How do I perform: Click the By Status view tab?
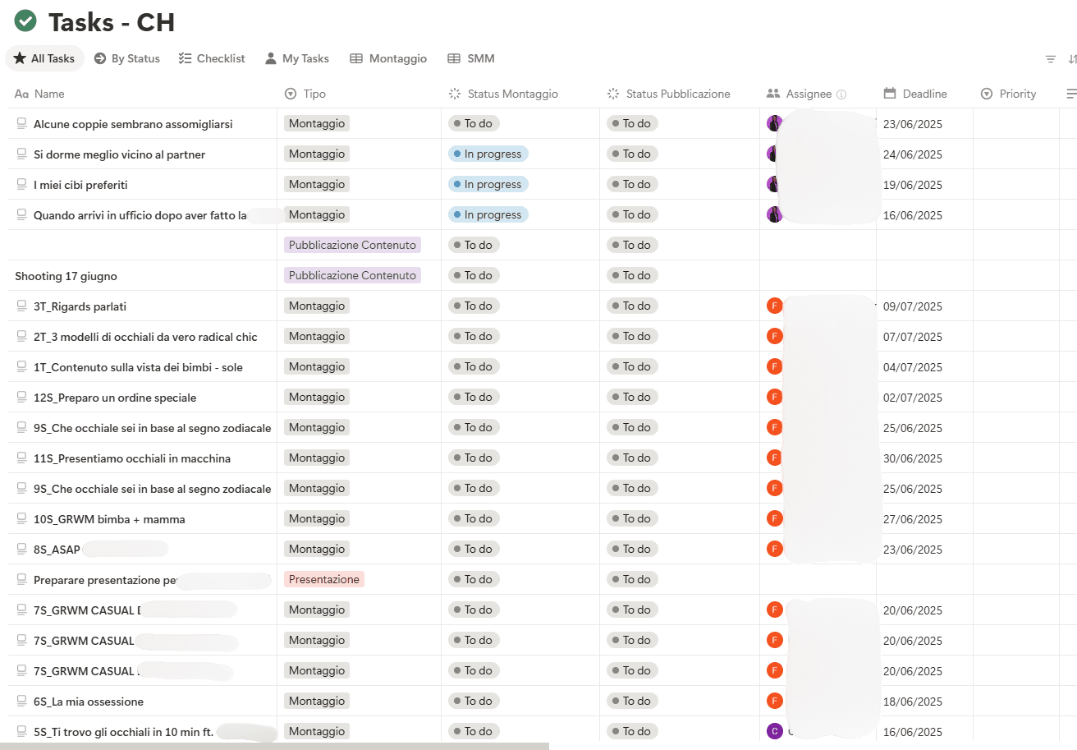[x=126, y=58]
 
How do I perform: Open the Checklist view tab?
[x=212, y=58]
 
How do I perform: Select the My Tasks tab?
[x=296, y=58]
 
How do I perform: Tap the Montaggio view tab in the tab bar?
[x=388, y=58]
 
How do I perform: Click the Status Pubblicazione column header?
[x=677, y=94]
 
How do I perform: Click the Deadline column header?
[x=924, y=94]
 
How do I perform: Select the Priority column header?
[x=1017, y=94]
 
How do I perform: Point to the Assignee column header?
[x=808, y=94]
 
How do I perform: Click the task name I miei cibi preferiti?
[x=80, y=185]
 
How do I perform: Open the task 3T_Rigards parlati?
[x=80, y=306]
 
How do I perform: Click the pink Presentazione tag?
[x=324, y=579]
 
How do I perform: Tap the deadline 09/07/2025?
[x=912, y=306]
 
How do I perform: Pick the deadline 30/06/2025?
[x=912, y=458]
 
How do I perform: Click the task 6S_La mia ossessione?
[x=89, y=702]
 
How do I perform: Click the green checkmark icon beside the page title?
[x=25, y=21]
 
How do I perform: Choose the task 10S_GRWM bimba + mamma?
[x=109, y=519]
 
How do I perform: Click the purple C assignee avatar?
[x=774, y=731]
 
